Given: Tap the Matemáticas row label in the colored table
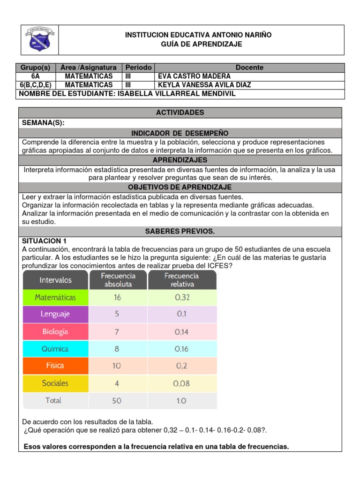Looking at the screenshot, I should point(55,297).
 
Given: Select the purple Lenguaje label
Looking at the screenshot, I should point(55,315).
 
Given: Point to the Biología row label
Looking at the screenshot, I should point(55,331).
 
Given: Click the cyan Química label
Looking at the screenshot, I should point(55,349).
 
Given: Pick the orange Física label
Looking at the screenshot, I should point(55,366).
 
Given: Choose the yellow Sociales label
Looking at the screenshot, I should point(55,383).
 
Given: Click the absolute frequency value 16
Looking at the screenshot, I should point(117,297).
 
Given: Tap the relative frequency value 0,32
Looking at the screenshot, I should point(182,297).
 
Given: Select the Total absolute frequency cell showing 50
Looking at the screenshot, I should point(117,400).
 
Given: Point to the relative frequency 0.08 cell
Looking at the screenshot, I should point(182,383).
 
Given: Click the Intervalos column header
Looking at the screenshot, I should point(55,280).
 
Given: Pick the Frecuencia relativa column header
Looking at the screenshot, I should point(182,280).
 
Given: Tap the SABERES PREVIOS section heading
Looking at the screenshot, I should point(180,232).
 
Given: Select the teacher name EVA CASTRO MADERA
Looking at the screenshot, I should point(188,76).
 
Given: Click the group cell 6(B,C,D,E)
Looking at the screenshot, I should point(36,85).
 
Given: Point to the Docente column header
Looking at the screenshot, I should point(249,67).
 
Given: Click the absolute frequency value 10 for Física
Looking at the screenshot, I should point(117,366).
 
